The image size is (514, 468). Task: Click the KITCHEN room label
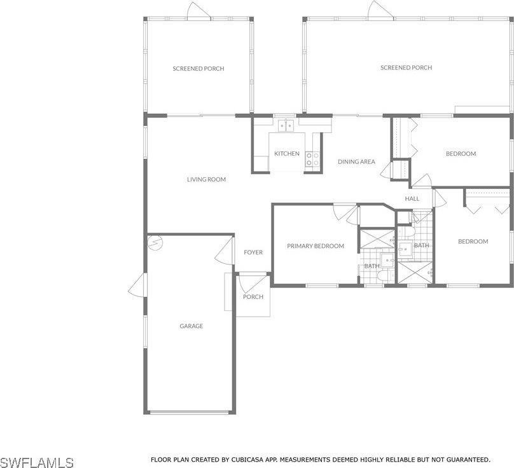[287, 153]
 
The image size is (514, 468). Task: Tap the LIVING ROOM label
[207, 179]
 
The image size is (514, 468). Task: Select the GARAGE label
[191, 326]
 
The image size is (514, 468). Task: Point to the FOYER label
[253, 252]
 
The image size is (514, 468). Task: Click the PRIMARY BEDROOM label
[316, 246]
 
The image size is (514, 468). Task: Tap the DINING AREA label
[356, 162]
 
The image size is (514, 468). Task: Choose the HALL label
[412, 198]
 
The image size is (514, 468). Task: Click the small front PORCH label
[253, 296]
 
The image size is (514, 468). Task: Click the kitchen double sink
[286, 125]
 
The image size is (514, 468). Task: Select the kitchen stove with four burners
[312, 159]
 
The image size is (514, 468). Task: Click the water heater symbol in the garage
[155, 243]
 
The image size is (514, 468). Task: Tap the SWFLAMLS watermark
[37, 462]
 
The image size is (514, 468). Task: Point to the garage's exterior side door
[136, 285]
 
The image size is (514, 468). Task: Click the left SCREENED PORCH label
[198, 69]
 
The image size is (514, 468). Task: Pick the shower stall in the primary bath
[378, 238]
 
